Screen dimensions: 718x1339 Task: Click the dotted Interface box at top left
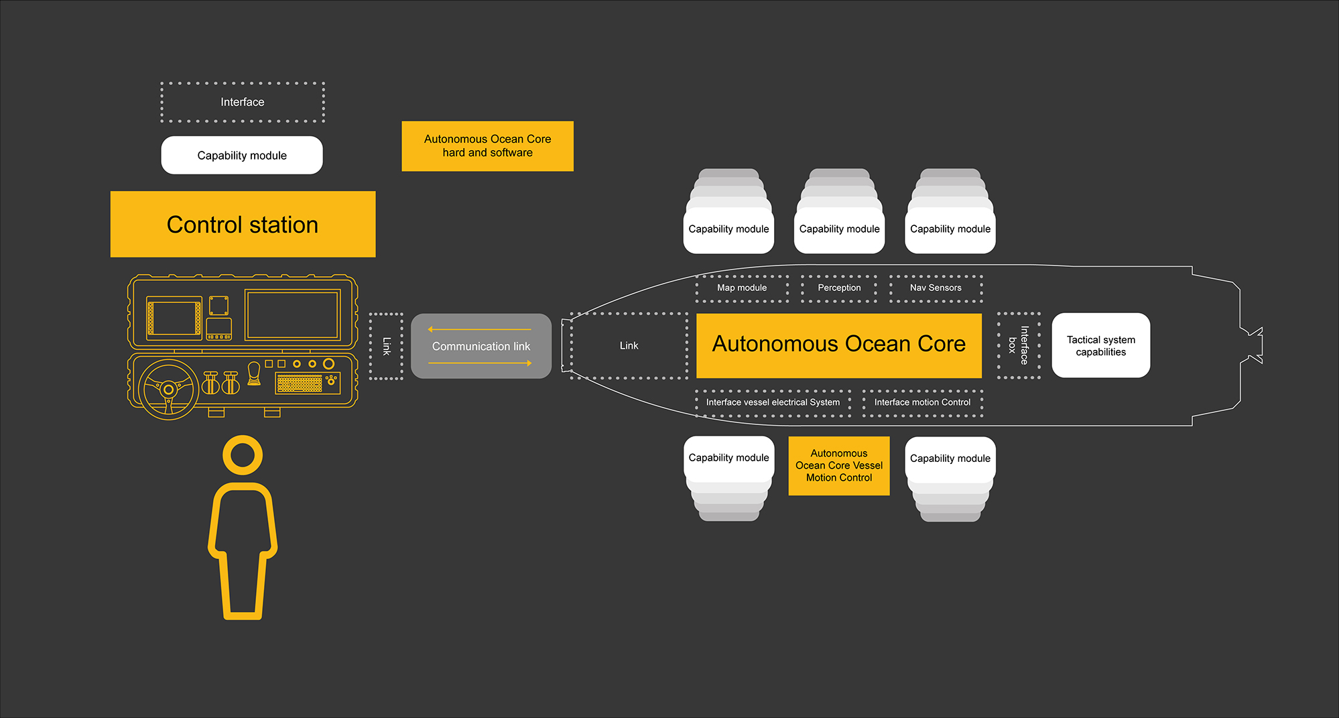click(x=242, y=102)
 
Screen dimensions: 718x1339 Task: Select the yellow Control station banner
click(x=243, y=225)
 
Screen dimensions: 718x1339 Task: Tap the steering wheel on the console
click(x=168, y=389)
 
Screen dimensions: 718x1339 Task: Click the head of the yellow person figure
click(x=243, y=455)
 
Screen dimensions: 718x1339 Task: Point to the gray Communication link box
click(x=481, y=346)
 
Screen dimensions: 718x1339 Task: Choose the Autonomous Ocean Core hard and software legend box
click(x=487, y=146)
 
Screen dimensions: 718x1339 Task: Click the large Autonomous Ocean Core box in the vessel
click(x=838, y=345)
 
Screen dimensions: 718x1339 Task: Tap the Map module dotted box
click(x=742, y=288)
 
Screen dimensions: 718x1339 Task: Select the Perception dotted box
click(x=839, y=288)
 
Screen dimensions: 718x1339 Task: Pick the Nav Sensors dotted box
click(x=936, y=288)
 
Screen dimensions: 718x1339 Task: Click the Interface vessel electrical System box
click(x=773, y=402)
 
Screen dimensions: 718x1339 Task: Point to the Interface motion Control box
click(x=922, y=402)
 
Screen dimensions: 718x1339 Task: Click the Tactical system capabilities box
click(x=1100, y=345)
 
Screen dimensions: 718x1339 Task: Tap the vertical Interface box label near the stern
click(x=1019, y=345)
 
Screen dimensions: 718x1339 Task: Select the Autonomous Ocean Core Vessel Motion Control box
click(x=838, y=466)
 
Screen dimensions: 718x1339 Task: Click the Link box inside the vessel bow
click(x=629, y=346)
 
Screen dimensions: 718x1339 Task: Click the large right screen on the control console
click(x=292, y=315)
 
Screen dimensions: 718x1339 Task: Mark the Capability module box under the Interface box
click(x=242, y=156)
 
